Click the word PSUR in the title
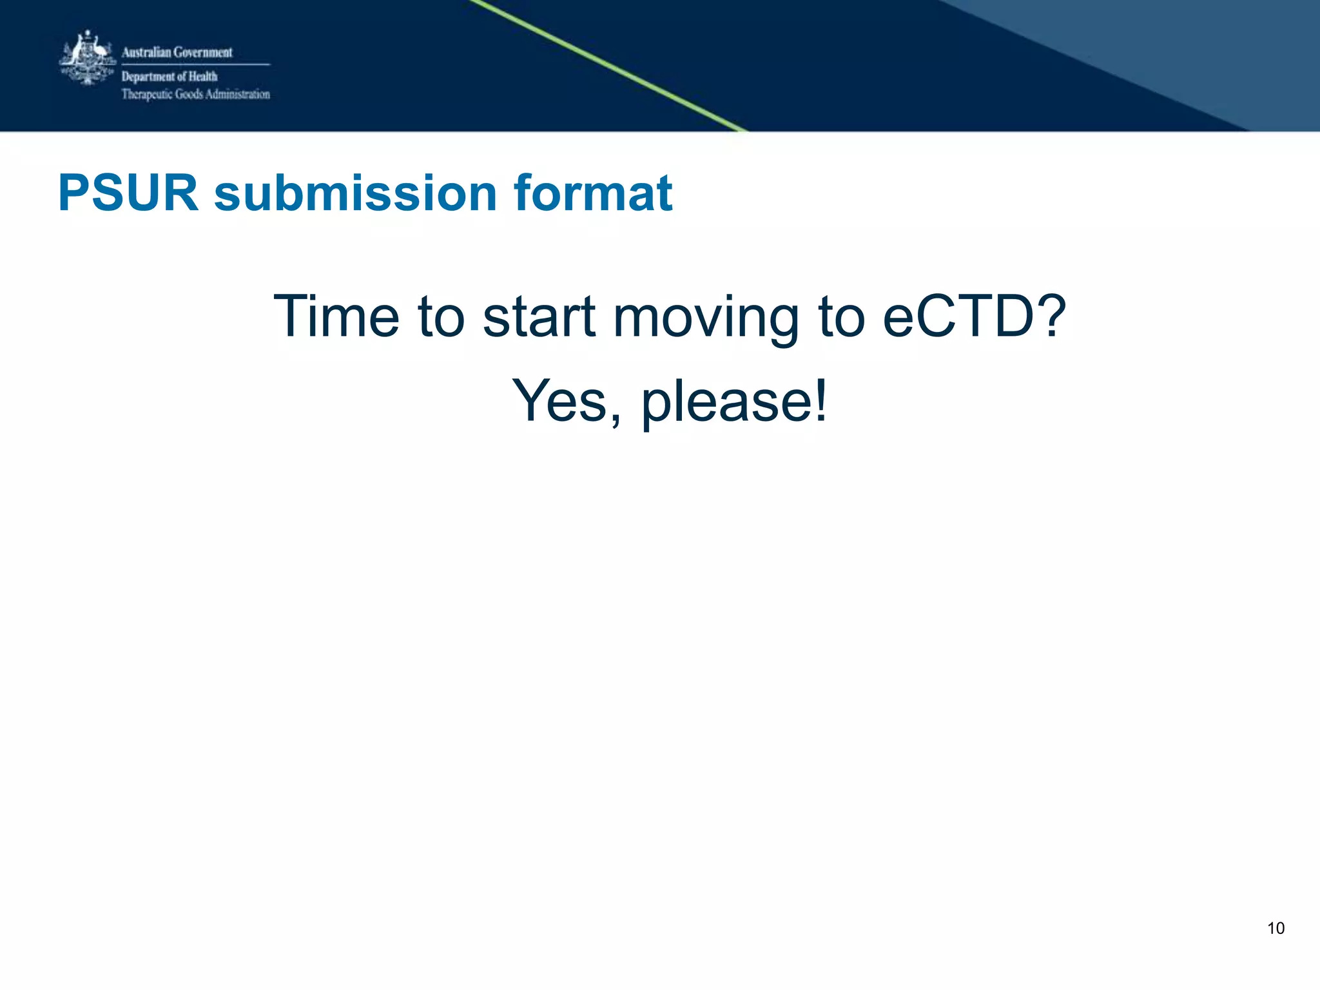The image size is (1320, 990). pyautogui.click(x=128, y=193)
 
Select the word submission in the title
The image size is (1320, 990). pyautogui.click(x=355, y=193)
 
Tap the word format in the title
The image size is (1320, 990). pyautogui.click(x=593, y=193)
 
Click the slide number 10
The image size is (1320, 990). pyautogui.click(x=1276, y=928)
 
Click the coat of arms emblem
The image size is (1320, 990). pyautogui.click(x=88, y=58)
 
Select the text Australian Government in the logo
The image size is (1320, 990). pyautogui.click(x=177, y=52)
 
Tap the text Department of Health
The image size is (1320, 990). pyautogui.click(x=170, y=77)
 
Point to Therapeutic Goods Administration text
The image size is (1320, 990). pyautogui.click(x=196, y=95)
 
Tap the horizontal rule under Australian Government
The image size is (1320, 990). pyautogui.click(x=195, y=64)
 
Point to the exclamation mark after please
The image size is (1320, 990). pyautogui.click(x=820, y=401)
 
